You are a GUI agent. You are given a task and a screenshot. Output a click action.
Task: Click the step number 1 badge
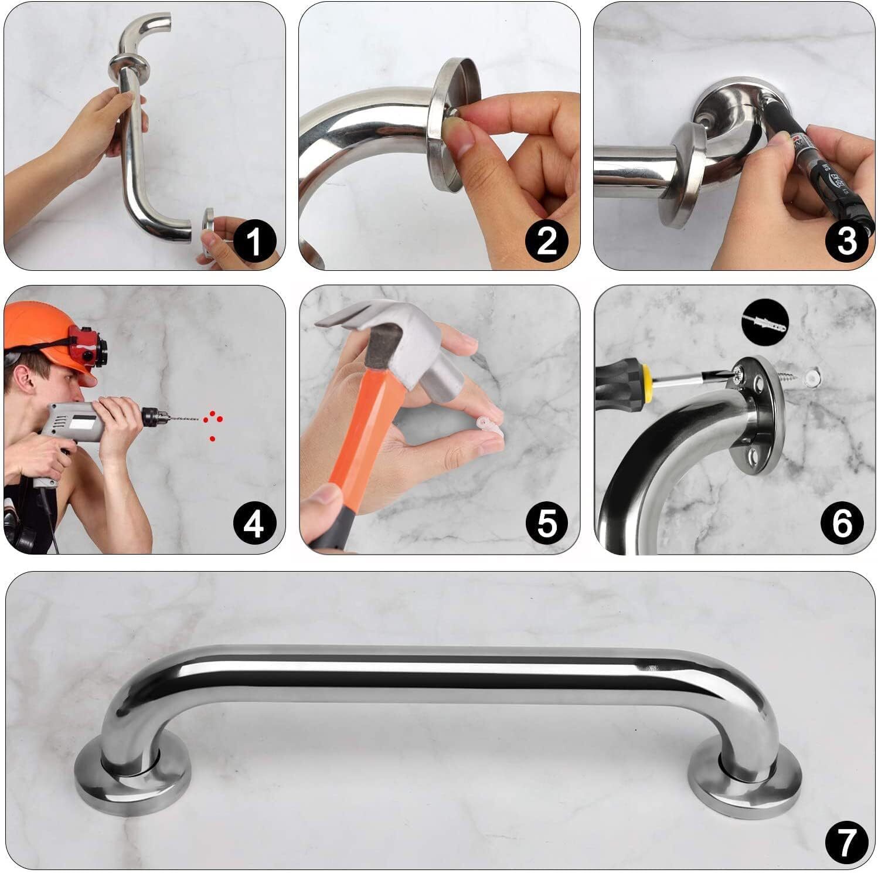tap(253, 240)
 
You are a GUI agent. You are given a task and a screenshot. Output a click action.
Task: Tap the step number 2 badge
tap(546, 240)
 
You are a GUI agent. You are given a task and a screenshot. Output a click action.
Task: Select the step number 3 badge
tap(846, 240)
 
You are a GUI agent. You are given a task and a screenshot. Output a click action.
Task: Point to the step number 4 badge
tap(253, 523)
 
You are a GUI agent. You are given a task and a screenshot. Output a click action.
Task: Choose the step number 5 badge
tap(546, 523)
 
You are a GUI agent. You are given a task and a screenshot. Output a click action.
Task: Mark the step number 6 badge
tap(842, 523)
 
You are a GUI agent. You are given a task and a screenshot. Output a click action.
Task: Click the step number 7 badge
tap(846, 843)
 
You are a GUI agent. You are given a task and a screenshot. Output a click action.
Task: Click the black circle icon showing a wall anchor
tap(765, 322)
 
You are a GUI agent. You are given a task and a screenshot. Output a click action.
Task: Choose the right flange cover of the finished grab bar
tap(744, 780)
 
